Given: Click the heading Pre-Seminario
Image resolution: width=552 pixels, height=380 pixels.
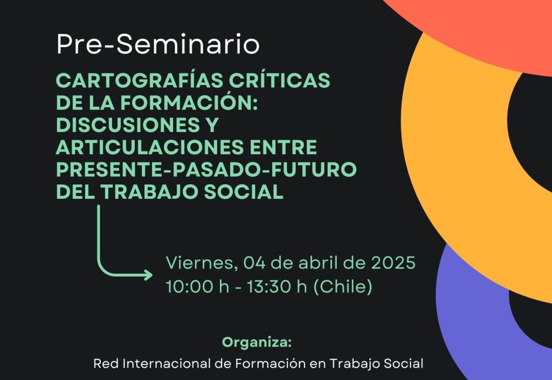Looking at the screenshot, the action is pyautogui.click(x=158, y=44).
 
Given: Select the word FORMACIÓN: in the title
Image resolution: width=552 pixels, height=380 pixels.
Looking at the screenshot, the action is pyautogui.click(x=189, y=102).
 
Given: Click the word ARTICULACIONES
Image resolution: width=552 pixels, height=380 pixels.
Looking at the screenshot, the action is pyautogui.click(x=150, y=147).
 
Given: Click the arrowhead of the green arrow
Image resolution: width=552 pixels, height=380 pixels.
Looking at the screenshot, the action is pyautogui.click(x=149, y=275).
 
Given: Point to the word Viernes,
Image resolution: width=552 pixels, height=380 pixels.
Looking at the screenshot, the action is pyautogui.click(x=200, y=263).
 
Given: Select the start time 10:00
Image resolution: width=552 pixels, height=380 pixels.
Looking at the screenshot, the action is pyautogui.click(x=189, y=286).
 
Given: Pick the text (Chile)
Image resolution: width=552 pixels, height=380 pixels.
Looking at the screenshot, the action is pyautogui.click(x=342, y=286).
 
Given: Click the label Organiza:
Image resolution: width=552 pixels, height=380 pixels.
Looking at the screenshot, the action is pyautogui.click(x=257, y=342).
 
